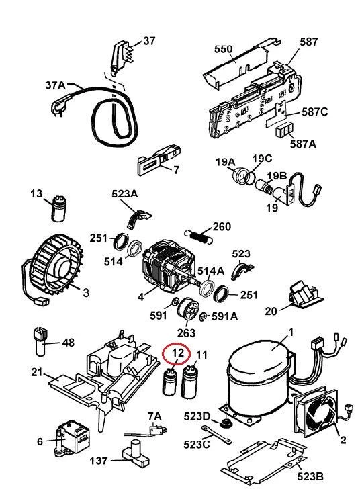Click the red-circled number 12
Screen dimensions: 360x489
(178, 353)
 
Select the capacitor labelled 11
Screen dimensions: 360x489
(189, 382)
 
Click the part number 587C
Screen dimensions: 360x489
(314, 112)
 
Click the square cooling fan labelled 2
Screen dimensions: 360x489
(316, 412)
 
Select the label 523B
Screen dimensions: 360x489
(310, 476)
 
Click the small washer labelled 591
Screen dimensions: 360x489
(175, 302)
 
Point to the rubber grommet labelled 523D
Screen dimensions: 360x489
(224, 424)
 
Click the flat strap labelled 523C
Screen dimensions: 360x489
(216, 435)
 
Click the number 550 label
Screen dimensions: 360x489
(223, 49)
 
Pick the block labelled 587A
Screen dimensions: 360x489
(285, 130)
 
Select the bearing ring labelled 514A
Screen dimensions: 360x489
(207, 289)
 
